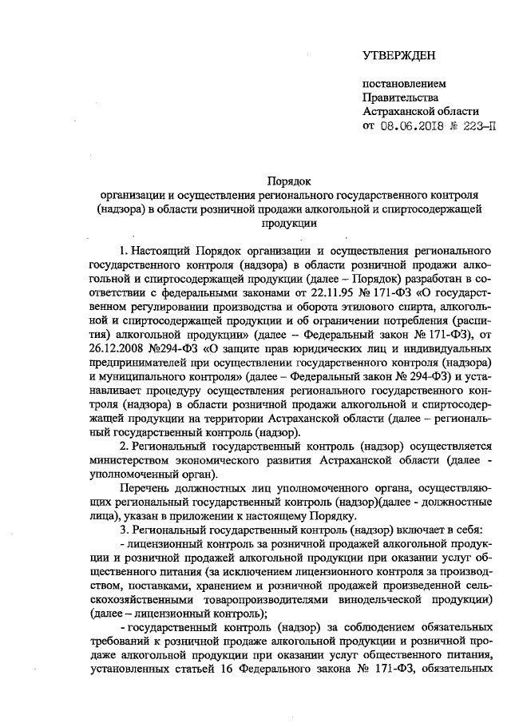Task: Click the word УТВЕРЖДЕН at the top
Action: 398,55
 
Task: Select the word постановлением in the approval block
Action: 405,83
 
